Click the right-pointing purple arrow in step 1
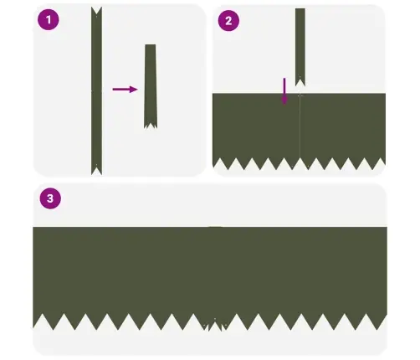(x=125, y=88)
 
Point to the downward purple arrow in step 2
(x=284, y=91)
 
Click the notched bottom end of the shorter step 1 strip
(x=151, y=125)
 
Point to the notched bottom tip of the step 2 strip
(x=300, y=81)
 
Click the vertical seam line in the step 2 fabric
(x=300, y=126)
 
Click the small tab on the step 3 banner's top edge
(x=215, y=226)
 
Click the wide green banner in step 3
(x=209, y=272)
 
